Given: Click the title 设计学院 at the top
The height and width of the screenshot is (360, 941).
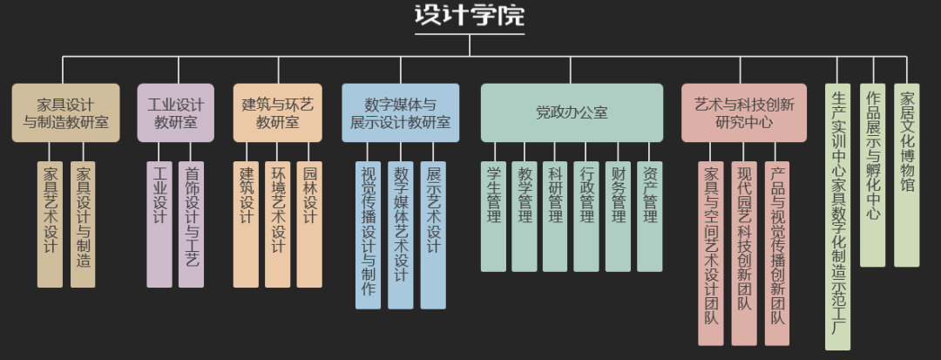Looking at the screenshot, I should (x=470, y=17).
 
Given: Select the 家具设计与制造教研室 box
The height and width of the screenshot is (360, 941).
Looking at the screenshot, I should (x=65, y=113).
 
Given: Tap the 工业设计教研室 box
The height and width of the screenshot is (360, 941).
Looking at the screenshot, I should (x=175, y=113).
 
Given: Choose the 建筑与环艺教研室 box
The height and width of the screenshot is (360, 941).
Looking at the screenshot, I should (x=277, y=113).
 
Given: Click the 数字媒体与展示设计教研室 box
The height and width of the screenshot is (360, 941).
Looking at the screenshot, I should (x=400, y=113).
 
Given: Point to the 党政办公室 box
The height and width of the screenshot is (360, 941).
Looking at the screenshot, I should (x=572, y=113).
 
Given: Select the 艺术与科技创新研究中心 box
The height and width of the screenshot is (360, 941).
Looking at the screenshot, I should (x=743, y=113).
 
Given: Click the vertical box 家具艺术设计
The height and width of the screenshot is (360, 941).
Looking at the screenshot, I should (x=50, y=224).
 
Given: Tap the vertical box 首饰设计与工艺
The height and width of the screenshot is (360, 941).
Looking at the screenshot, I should (x=191, y=224).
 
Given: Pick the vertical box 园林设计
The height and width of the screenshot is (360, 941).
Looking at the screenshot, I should (x=309, y=224).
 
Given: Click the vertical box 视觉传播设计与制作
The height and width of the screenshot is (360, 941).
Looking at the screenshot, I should (x=368, y=234).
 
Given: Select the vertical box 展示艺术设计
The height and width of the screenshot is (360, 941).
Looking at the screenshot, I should (x=433, y=234).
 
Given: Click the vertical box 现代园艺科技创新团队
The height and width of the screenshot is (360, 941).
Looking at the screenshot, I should (x=744, y=253).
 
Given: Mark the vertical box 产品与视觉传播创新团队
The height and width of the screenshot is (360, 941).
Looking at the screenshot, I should (x=777, y=253).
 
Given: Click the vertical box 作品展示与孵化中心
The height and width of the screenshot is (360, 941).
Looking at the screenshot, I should (x=872, y=175).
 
